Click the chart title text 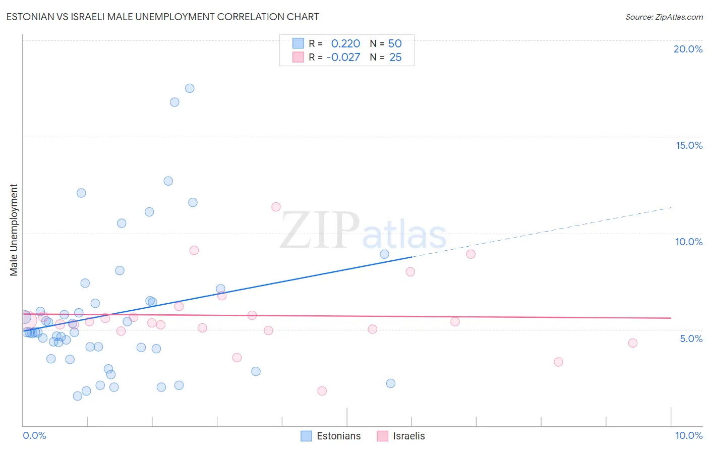[162, 17]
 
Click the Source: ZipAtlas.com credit [664, 17]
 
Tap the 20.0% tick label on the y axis [688, 49]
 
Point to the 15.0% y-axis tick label [689, 145]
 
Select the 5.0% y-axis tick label [691, 339]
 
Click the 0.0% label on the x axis [34, 435]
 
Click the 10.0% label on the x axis [688, 435]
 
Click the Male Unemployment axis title [14, 230]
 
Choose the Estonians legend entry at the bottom [338, 436]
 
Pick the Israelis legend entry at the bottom [408, 436]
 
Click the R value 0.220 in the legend [345, 44]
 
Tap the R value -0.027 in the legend [343, 58]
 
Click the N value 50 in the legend [395, 44]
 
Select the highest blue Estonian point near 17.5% [190, 88]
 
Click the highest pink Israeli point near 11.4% [276, 207]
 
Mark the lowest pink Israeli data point [322, 391]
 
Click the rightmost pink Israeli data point [633, 343]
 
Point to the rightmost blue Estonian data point [391, 383]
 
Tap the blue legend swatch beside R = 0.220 [298, 43]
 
